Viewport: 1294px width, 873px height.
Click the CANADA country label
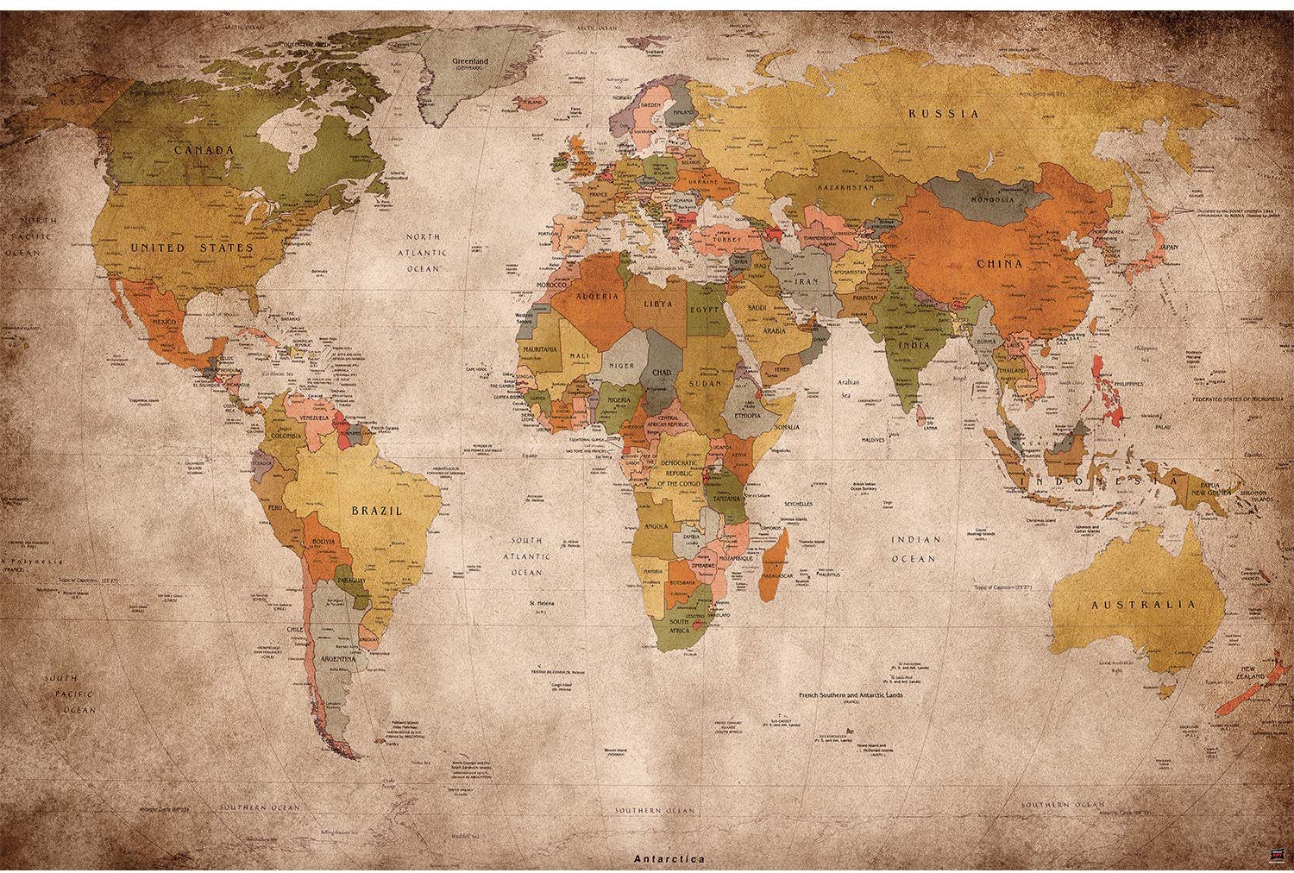click(204, 149)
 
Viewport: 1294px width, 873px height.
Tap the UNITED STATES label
click(192, 248)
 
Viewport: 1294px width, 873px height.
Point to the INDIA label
click(914, 344)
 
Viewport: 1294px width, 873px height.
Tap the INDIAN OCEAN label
click(915, 549)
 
